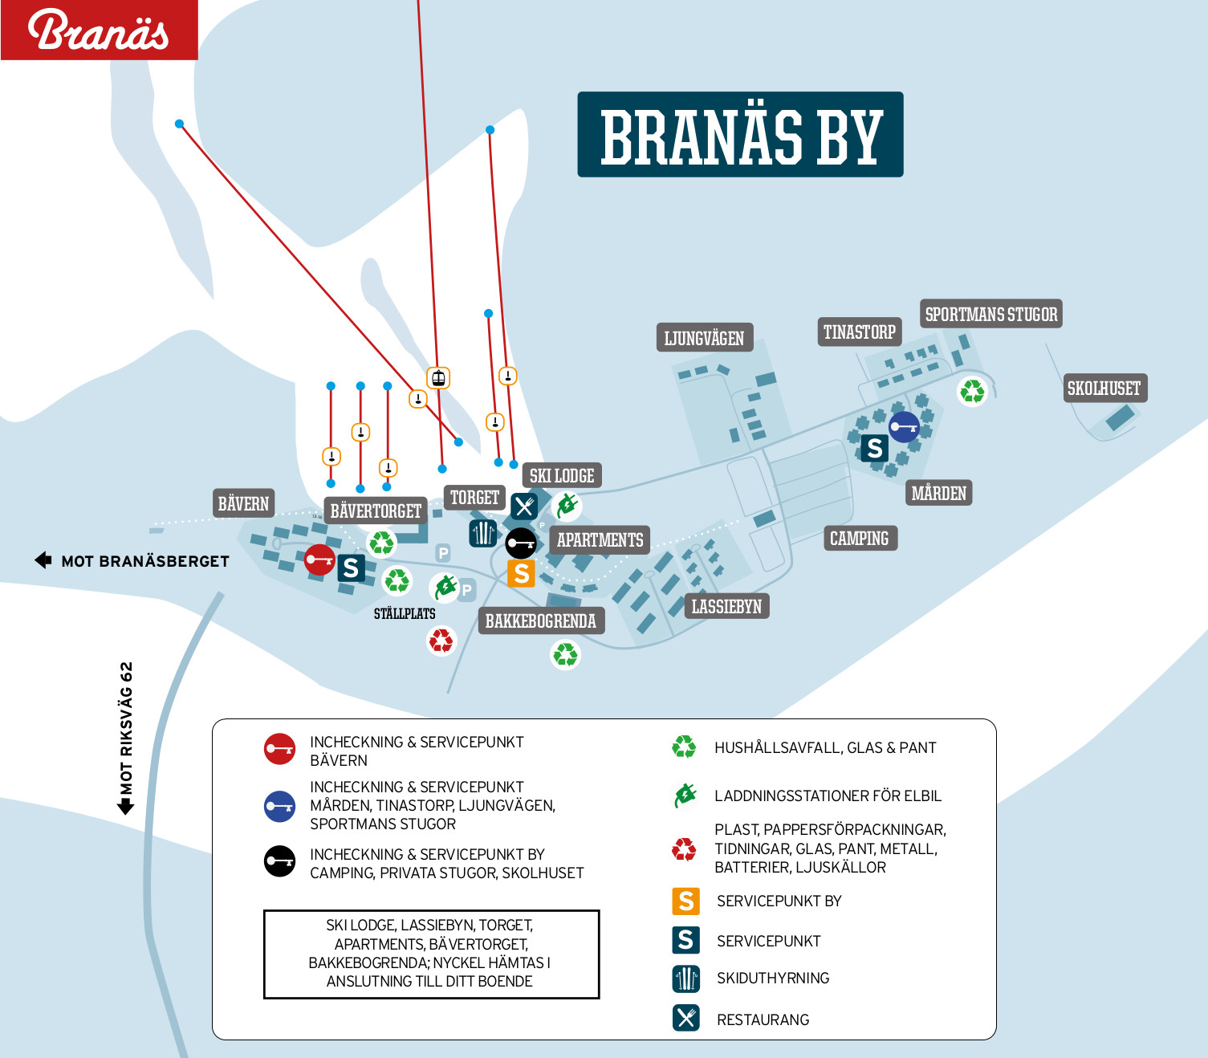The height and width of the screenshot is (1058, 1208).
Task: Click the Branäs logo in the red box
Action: click(98, 30)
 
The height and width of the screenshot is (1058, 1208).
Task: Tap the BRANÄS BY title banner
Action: click(740, 134)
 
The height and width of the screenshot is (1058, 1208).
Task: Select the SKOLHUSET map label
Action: click(1104, 388)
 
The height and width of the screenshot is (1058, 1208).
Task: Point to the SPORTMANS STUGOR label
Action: click(990, 314)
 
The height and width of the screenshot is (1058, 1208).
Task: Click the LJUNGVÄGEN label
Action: click(705, 337)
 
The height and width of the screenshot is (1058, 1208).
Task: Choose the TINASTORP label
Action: click(859, 332)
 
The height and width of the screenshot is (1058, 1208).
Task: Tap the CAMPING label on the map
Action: click(860, 538)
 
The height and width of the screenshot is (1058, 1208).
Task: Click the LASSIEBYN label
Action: click(726, 606)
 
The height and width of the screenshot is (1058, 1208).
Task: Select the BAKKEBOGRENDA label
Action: click(541, 621)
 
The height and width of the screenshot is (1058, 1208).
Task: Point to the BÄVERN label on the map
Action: click(243, 503)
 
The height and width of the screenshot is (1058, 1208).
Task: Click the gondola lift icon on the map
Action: click(438, 378)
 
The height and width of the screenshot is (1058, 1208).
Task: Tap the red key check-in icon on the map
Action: click(319, 560)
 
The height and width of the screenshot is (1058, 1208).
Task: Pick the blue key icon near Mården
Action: click(904, 427)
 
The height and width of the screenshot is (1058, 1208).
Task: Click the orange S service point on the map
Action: click(522, 573)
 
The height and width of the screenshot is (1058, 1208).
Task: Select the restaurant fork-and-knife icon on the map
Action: click(524, 507)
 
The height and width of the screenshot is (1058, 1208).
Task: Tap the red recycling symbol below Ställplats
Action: click(441, 641)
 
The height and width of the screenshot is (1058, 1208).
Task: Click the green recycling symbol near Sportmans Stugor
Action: click(972, 391)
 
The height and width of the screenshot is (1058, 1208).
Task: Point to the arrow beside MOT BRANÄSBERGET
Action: click(43, 560)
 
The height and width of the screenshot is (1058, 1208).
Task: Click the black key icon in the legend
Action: click(279, 861)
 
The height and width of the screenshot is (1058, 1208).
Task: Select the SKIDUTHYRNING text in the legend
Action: click(773, 979)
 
